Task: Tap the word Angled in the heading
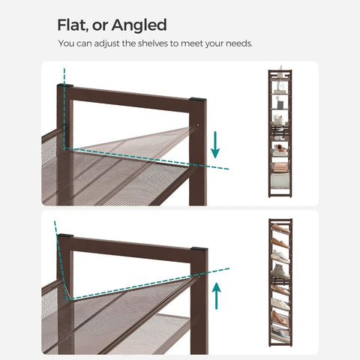[139, 25]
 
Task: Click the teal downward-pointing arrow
[215, 145]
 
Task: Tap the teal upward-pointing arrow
[217, 295]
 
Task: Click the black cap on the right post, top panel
[198, 99]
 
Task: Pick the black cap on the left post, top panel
[65, 85]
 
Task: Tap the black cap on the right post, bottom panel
[199, 249]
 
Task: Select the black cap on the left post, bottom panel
[65, 235]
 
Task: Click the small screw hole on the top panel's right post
[197, 124]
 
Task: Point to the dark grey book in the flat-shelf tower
[280, 104]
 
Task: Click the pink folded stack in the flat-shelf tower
[280, 167]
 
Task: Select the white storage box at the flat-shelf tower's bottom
[280, 181]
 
